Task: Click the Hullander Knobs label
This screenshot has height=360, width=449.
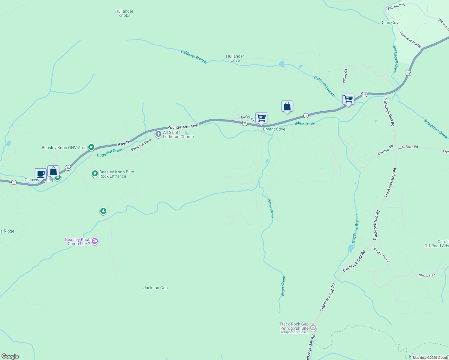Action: (x=124, y=13)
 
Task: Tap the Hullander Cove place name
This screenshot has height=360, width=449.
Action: (x=235, y=58)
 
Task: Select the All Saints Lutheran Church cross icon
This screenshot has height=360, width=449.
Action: (x=158, y=134)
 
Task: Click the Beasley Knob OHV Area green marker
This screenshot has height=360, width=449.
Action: (x=91, y=147)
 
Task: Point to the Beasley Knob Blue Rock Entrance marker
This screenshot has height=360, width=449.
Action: (x=95, y=174)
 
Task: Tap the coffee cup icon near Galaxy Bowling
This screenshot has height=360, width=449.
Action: (x=41, y=174)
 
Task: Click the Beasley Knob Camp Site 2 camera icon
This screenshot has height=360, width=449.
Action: (x=95, y=241)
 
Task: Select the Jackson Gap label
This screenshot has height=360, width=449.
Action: (x=155, y=288)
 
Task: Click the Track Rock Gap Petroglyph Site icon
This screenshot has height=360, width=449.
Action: (x=313, y=327)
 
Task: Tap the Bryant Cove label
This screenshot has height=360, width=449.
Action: (x=274, y=129)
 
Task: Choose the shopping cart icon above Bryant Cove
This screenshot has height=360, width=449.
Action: (x=261, y=118)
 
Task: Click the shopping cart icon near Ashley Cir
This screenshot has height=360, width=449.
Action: (x=348, y=99)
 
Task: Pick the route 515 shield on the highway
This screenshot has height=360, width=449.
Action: (x=364, y=94)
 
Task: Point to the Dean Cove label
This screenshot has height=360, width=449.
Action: (x=390, y=23)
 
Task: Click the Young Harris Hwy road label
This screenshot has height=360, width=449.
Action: (x=183, y=127)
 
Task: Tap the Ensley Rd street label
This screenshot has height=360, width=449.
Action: (x=248, y=118)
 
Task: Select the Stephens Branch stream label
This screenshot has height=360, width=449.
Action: (x=355, y=229)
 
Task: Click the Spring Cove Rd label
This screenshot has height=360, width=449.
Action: (x=381, y=254)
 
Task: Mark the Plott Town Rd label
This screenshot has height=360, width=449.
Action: (x=408, y=147)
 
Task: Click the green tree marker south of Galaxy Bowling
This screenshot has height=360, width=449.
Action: (x=103, y=211)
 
